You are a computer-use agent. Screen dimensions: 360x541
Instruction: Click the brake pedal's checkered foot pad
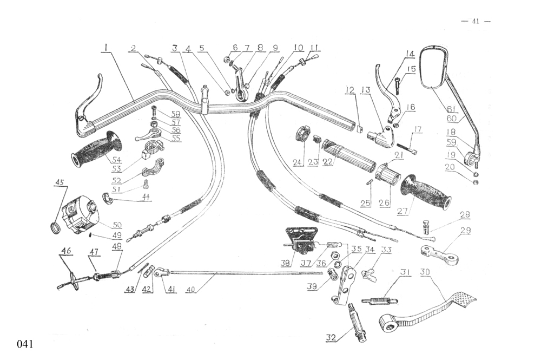pos(464,298)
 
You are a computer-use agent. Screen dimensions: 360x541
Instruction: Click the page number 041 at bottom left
pos(25,344)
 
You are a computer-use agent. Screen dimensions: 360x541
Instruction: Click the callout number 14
pos(410,54)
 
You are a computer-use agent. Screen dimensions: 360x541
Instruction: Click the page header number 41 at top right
pos(476,21)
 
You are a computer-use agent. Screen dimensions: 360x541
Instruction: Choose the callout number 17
pos(417,129)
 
